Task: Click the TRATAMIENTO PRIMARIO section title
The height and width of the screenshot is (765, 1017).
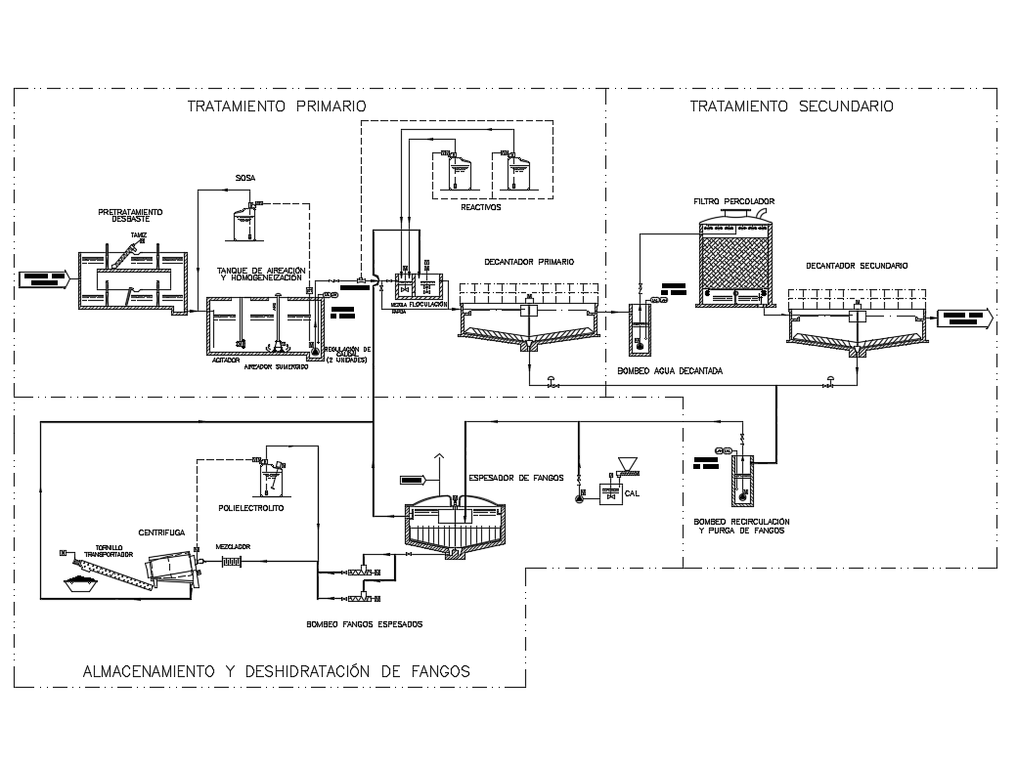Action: tap(277, 106)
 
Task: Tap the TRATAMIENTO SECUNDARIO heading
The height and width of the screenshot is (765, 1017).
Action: tap(791, 106)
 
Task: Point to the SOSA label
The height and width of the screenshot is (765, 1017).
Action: tap(245, 178)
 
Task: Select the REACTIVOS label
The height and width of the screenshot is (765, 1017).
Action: tap(481, 207)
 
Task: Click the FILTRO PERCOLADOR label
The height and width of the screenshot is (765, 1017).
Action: tap(733, 201)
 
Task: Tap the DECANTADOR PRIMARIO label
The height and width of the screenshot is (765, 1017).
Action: tap(529, 262)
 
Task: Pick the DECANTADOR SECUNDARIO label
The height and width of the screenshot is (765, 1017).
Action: tap(857, 266)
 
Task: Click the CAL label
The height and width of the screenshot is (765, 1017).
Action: tap(632, 493)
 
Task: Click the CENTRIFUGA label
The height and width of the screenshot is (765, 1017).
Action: tap(162, 532)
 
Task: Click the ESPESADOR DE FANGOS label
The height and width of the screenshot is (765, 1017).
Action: tap(517, 478)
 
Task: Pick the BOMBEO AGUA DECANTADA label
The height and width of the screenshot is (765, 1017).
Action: tap(670, 371)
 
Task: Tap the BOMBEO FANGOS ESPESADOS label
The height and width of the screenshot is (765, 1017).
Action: tap(365, 623)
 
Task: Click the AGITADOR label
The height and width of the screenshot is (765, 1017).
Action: tap(226, 360)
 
